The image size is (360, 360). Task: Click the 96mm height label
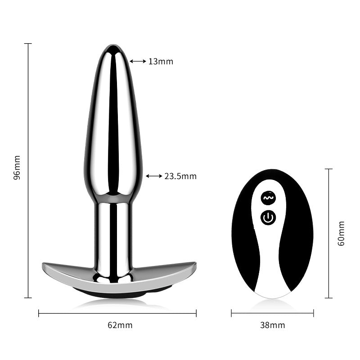coord(17,167)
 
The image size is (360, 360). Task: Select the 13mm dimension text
coord(161,62)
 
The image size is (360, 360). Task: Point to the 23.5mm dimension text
coord(180,176)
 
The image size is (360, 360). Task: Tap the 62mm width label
coord(120,325)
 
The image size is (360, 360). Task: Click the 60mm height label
coord(341,234)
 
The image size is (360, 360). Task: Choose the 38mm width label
coord(273,325)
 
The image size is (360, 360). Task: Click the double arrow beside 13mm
coord(138,61)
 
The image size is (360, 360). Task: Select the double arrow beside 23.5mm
coord(154,176)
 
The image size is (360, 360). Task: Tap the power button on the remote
coord(268,217)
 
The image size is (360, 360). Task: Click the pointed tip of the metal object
coord(113,45)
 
